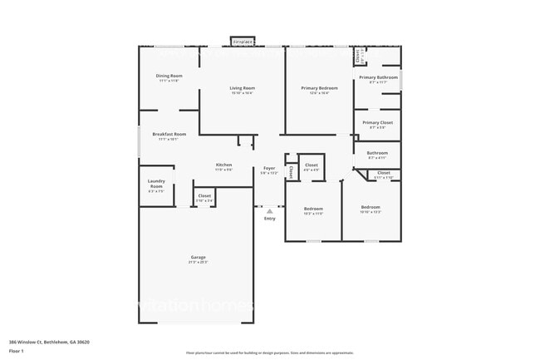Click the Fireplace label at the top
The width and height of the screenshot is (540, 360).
(x=243, y=41)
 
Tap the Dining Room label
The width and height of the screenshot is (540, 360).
(x=169, y=76)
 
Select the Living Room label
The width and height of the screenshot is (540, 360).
(x=243, y=87)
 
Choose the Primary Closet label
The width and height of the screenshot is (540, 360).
(x=378, y=122)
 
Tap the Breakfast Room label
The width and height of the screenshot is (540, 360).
(x=169, y=134)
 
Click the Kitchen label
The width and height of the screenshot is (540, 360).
(x=224, y=165)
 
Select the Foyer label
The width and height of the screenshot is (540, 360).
(x=269, y=168)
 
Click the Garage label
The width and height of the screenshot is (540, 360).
(x=198, y=257)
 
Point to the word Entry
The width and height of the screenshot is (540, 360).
(x=270, y=218)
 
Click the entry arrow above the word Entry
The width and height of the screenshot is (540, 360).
(x=270, y=210)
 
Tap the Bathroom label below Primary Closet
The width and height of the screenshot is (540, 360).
(x=378, y=152)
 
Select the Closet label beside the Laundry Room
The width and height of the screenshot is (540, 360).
(x=204, y=195)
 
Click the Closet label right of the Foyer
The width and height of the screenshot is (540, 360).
(x=312, y=165)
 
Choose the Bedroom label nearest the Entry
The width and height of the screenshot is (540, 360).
(x=313, y=208)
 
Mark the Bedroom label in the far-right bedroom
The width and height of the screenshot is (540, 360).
(x=371, y=206)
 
